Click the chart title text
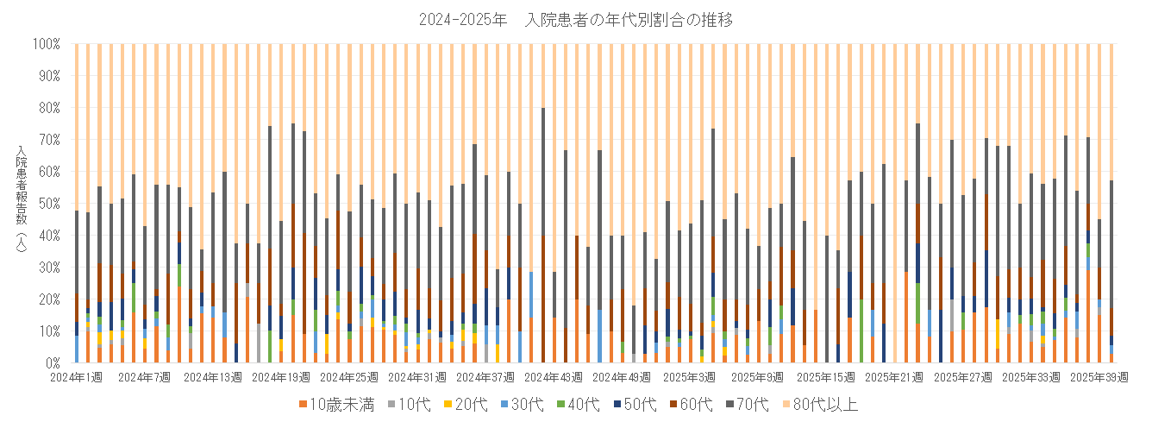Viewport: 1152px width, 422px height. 575,20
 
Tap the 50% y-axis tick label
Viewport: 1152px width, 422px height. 47,203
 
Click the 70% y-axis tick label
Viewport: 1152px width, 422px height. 47,139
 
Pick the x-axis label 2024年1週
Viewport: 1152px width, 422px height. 77,377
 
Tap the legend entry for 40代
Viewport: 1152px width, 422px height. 585,404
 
